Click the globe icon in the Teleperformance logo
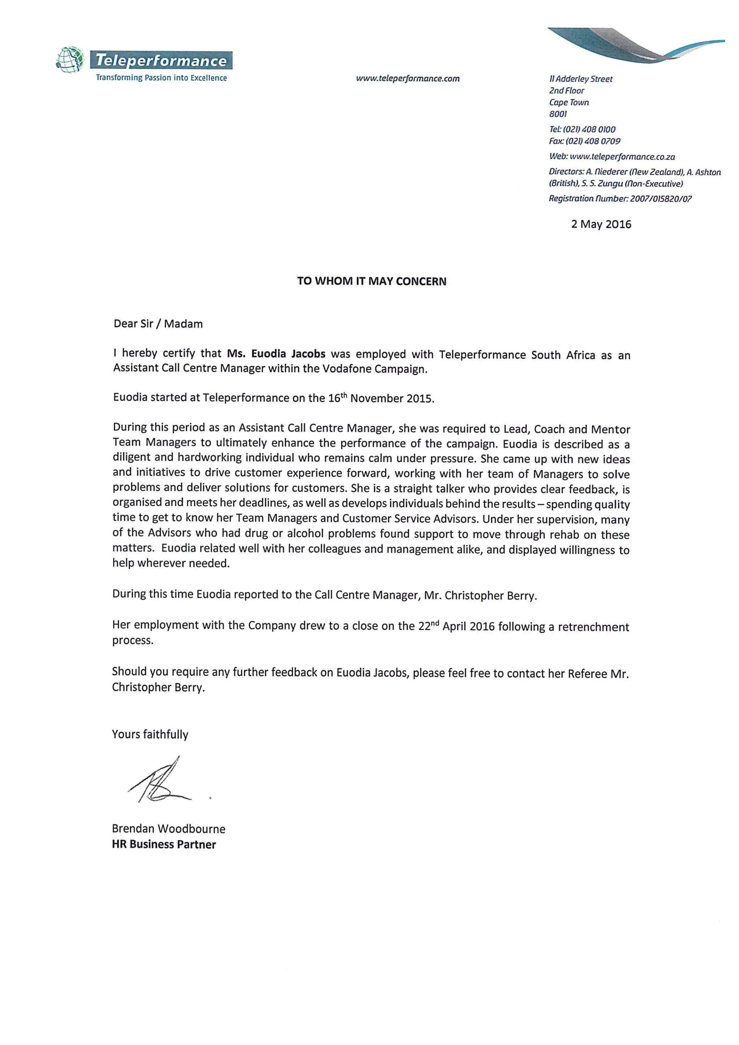click(70, 60)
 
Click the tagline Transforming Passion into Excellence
click(161, 78)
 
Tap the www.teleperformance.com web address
click(408, 78)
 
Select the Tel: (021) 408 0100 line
click(582, 129)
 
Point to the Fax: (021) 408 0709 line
click(584, 141)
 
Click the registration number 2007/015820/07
click(661, 198)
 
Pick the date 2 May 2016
click(601, 224)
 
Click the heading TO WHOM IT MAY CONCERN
click(371, 281)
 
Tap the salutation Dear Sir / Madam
click(158, 324)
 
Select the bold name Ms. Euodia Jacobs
click(276, 354)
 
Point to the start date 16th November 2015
click(380, 398)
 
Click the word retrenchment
click(593, 627)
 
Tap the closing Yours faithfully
click(150, 734)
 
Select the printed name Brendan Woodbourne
click(169, 828)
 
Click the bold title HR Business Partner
click(164, 844)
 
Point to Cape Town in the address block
click(569, 102)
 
